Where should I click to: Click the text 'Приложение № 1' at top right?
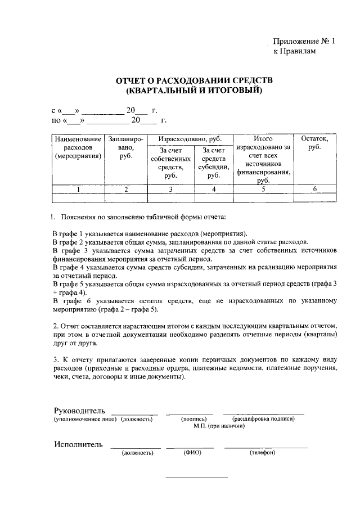click(x=303, y=40)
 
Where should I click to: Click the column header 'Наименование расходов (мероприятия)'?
click(x=78, y=147)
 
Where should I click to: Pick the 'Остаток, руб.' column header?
click(x=315, y=143)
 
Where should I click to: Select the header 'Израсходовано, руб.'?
click(x=188, y=138)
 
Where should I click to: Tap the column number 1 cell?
click(x=78, y=189)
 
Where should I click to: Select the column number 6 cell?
click(x=315, y=189)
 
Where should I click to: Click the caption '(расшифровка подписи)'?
click(x=263, y=419)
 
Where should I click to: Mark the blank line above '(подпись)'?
click(x=192, y=413)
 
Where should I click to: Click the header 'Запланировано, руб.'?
click(x=125, y=147)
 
